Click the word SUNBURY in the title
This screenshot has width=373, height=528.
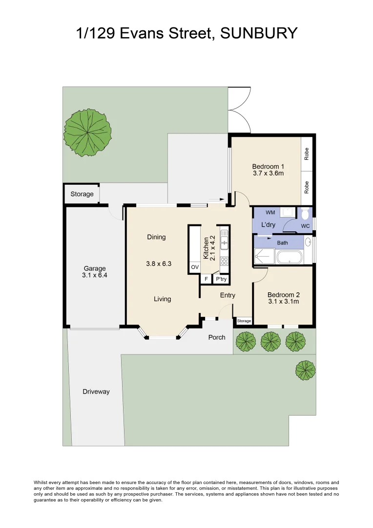[259, 33]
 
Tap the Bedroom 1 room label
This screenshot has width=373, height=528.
[268, 167]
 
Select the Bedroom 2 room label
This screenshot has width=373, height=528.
[283, 295]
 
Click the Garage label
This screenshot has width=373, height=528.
[95, 268]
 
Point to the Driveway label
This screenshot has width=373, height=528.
[96, 392]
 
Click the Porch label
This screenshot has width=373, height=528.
[217, 337]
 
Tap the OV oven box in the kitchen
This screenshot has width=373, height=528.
[194, 267]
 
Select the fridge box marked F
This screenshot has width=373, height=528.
[206, 279]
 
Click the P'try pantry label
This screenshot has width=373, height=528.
[221, 279]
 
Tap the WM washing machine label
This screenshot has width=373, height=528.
[270, 213]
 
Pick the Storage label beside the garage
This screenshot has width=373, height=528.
[82, 194]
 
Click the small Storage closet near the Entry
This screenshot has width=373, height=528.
[244, 321]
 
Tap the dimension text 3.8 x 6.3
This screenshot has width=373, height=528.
[159, 264]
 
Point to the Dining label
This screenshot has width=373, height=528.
[156, 237]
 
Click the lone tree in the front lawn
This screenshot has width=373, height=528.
[305, 370]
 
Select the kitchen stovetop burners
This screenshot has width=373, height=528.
[224, 260]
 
